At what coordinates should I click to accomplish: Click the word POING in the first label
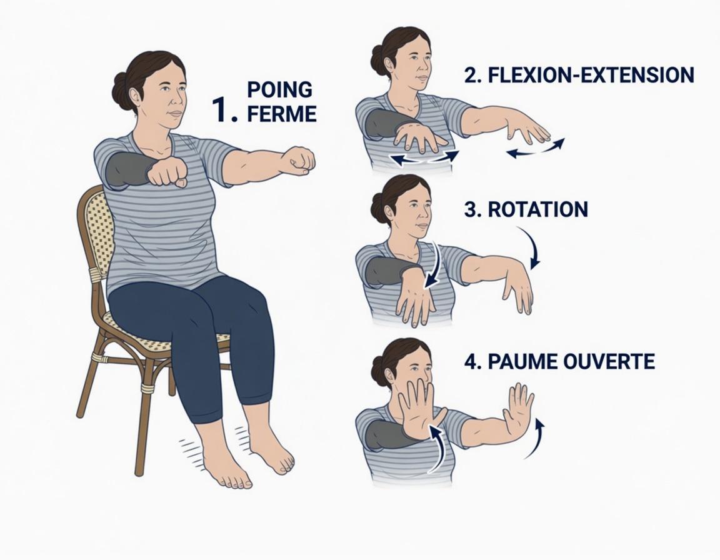279,89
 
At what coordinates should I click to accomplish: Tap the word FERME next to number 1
281,114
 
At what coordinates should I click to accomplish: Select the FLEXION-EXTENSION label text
579,75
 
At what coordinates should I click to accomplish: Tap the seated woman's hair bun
121,91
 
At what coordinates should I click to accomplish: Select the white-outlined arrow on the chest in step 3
432,266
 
